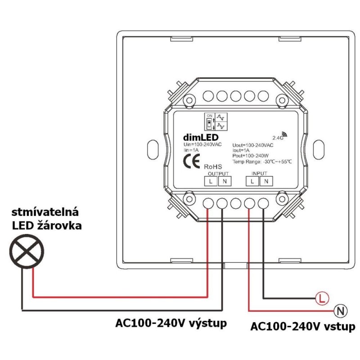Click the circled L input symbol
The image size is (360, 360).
click(321, 298)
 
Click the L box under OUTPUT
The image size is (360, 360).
click(211, 181)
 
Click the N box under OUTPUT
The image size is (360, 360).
click(224, 181)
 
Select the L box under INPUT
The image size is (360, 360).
click(252, 181)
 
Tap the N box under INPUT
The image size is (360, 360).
click(266, 181)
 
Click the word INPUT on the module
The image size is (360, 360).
click(259, 173)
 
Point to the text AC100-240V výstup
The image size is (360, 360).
click(171, 324)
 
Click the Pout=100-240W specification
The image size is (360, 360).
click(251, 156)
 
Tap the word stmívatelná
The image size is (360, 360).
click(45, 211)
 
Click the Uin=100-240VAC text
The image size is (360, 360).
click(202, 144)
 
